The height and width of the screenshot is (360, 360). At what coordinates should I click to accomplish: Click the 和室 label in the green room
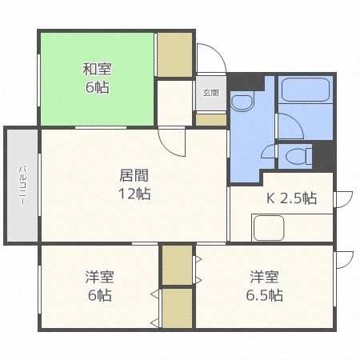click(x=95, y=69)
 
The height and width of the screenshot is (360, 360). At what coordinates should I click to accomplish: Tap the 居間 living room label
click(x=134, y=175)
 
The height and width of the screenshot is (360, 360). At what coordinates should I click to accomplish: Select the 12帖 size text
click(x=134, y=194)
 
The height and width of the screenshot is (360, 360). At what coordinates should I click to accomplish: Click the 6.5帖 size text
click(x=265, y=296)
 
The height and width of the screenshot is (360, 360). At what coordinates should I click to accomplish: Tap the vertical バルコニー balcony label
click(x=22, y=185)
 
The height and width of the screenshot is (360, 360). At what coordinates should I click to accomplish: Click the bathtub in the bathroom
click(x=305, y=89)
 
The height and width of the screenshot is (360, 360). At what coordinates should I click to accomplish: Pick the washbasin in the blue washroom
click(x=241, y=102)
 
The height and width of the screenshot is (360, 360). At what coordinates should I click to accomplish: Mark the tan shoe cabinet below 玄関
click(x=211, y=120)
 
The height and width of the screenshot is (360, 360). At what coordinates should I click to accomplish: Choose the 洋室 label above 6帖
click(x=100, y=278)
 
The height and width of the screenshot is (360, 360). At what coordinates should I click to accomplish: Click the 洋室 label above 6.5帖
click(x=264, y=278)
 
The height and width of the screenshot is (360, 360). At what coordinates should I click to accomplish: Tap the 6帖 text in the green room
click(x=95, y=87)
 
